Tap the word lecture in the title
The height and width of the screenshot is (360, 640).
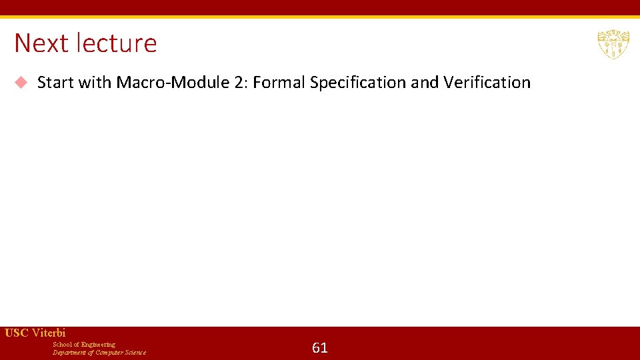[117, 43]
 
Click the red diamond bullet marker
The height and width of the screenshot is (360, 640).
[21, 83]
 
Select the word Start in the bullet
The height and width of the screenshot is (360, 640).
[55, 83]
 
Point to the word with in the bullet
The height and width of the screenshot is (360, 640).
[95, 83]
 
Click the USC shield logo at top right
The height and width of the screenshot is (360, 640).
[613, 44]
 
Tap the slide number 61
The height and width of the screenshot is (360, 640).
[320, 347]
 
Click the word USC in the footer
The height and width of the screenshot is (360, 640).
[16, 333]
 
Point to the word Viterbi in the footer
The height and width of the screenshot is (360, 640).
[49, 333]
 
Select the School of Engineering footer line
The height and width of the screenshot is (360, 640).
[84, 345]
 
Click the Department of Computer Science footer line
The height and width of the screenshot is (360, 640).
[99, 353]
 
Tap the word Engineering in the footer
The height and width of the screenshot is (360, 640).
[98, 345]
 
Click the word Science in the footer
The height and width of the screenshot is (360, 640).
[134, 353]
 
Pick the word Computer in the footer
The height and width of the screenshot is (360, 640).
[109, 353]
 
